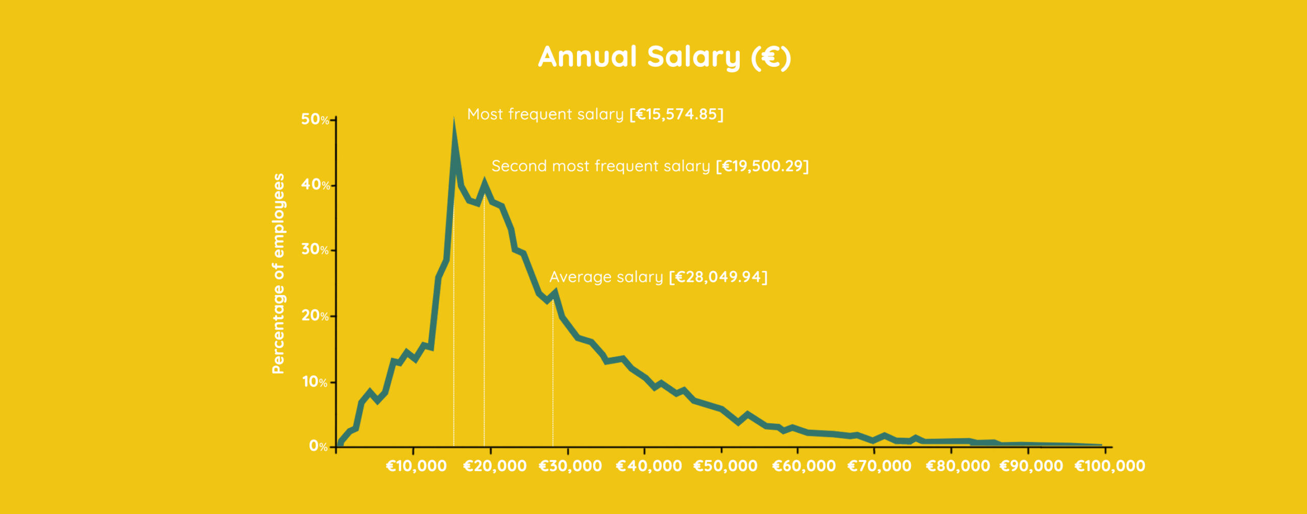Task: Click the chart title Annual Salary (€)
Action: click(664, 57)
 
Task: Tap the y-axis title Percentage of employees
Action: click(278, 274)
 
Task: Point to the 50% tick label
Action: click(314, 119)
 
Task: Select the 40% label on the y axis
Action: click(315, 185)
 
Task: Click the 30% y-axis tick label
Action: click(314, 250)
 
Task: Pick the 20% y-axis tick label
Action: click(314, 316)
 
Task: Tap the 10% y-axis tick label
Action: click(314, 382)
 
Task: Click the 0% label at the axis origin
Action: click(318, 447)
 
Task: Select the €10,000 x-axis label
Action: click(416, 466)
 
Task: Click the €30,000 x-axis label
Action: click(570, 466)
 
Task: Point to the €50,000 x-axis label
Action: click(725, 466)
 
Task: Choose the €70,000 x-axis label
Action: click(879, 466)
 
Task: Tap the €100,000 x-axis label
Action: click(1110, 466)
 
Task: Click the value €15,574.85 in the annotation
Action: click(676, 114)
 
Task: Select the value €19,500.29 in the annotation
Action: click(762, 166)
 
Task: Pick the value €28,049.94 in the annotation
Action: click(718, 277)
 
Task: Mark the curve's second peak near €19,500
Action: click(484, 182)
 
